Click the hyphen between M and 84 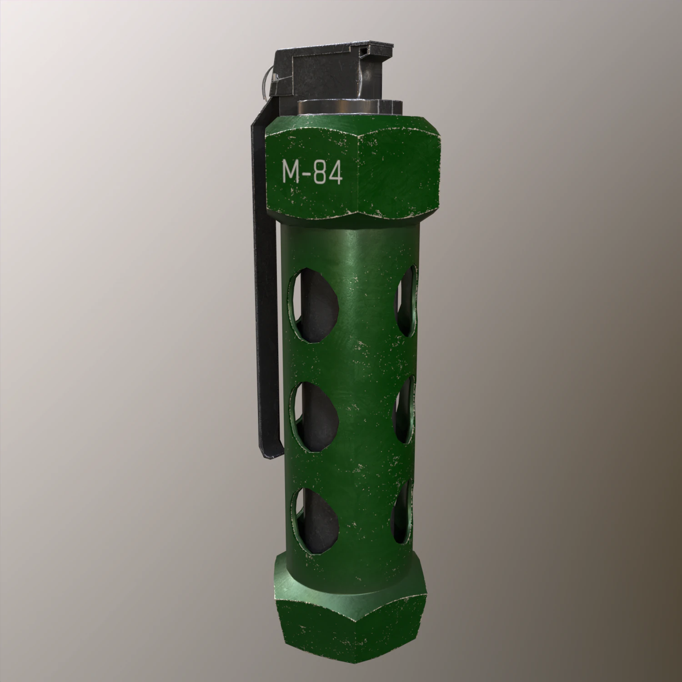tap(306, 174)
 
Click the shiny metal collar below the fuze tap(350, 107)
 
